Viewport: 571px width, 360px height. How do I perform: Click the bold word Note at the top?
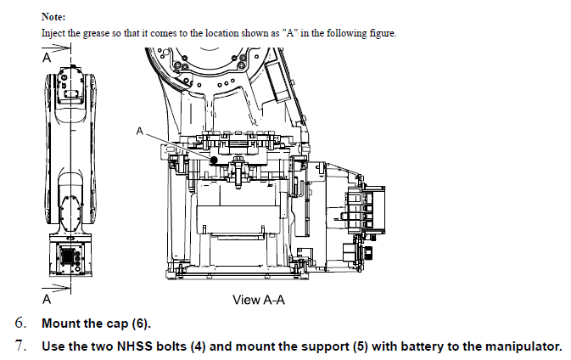54,16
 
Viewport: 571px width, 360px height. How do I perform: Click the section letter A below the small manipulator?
47,299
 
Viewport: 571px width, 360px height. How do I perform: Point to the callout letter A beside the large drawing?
140,131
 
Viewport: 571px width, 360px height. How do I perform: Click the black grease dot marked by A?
215,159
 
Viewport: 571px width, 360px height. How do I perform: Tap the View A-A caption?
259,300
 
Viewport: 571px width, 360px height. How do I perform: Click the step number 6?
20,323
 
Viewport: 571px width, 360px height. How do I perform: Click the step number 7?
20,346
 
